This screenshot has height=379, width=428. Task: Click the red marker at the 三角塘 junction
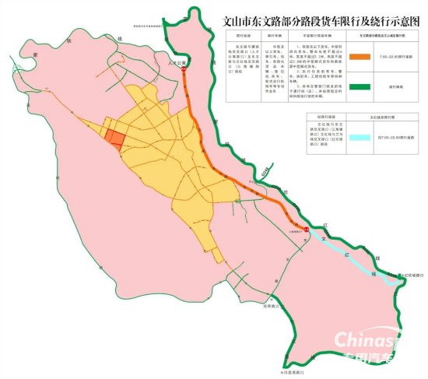(x=306, y=230)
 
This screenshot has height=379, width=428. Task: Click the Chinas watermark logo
(x=366, y=339)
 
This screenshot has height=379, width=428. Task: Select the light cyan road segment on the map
(x=346, y=253)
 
